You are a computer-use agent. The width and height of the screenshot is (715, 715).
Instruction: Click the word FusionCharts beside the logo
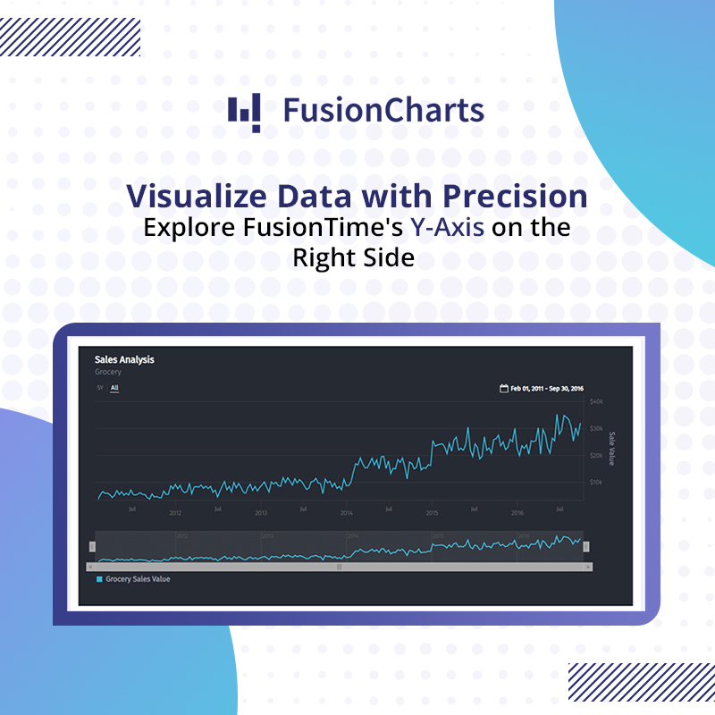(383, 111)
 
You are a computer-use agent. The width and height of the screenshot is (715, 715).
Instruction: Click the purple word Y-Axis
(447, 227)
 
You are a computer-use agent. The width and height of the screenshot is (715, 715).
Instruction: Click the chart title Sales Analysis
(124, 359)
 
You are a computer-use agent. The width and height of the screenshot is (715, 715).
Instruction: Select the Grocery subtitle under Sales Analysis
(108, 371)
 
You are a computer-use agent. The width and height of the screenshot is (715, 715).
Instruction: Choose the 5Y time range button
(100, 388)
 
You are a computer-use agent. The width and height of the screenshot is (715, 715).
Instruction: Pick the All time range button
(114, 388)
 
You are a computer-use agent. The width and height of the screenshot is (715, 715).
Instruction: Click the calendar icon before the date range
(504, 389)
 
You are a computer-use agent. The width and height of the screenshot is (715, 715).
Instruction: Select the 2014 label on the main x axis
(347, 513)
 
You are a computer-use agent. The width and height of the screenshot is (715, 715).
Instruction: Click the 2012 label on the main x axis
(175, 513)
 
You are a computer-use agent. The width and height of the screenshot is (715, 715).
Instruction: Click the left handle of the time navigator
(92, 547)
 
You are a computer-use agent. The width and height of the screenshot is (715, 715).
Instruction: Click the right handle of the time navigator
(586, 547)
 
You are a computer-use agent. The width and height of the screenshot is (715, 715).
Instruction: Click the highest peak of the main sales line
(558, 416)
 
